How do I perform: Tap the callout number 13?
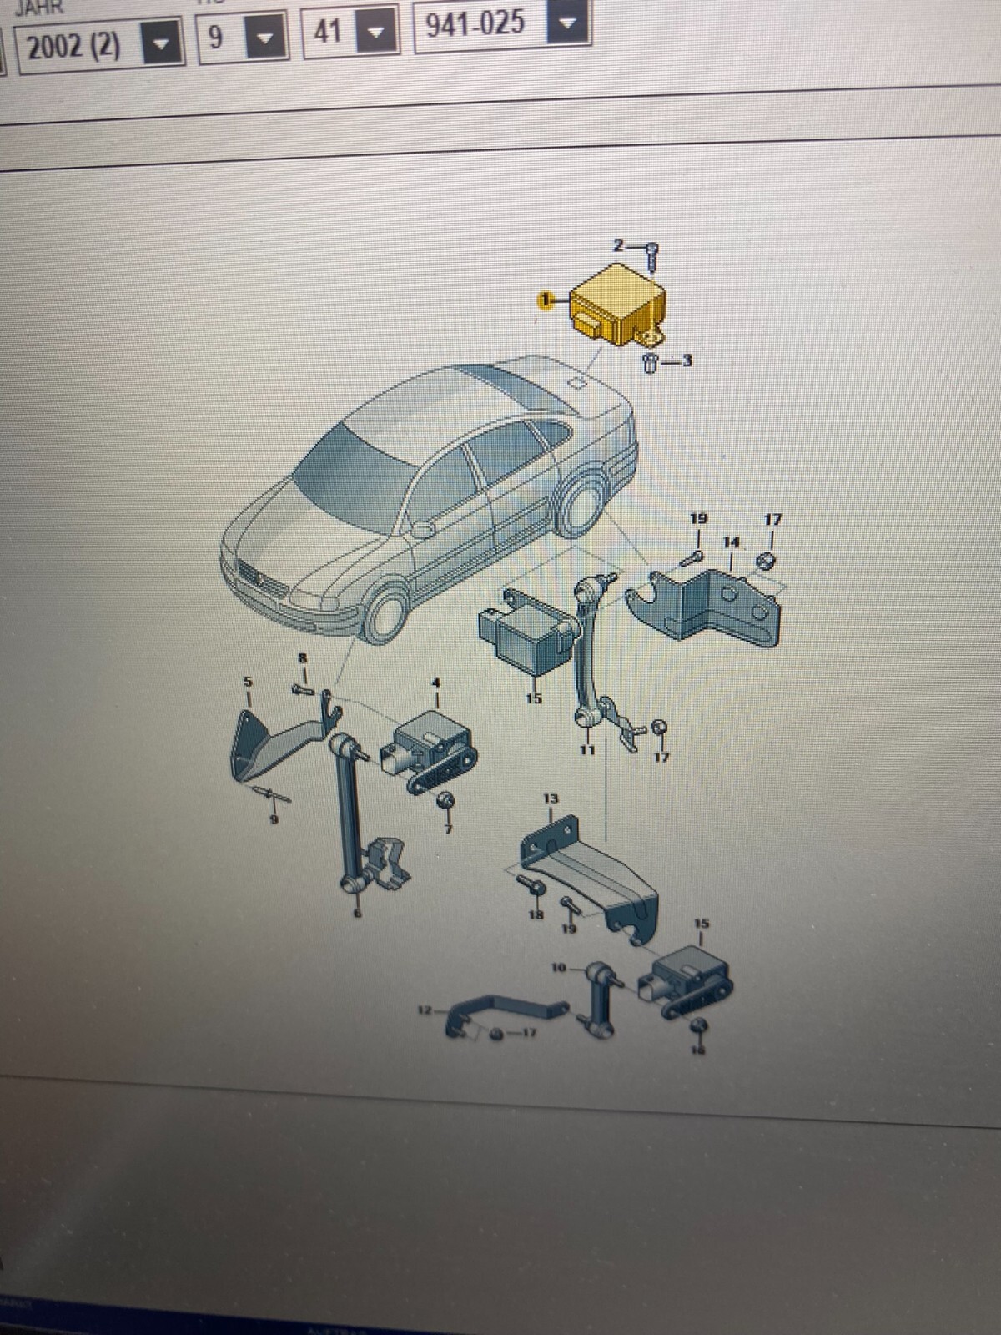click(551, 799)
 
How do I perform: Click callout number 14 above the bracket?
click(731, 542)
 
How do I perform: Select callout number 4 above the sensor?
click(435, 683)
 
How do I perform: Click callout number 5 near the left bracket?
click(247, 682)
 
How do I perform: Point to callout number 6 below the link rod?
click(359, 914)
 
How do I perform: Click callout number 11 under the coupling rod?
click(586, 750)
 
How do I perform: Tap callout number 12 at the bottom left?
click(425, 1011)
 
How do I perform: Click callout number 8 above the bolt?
click(303, 659)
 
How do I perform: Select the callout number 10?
click(559, 968)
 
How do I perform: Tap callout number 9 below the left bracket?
click(273, 819)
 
